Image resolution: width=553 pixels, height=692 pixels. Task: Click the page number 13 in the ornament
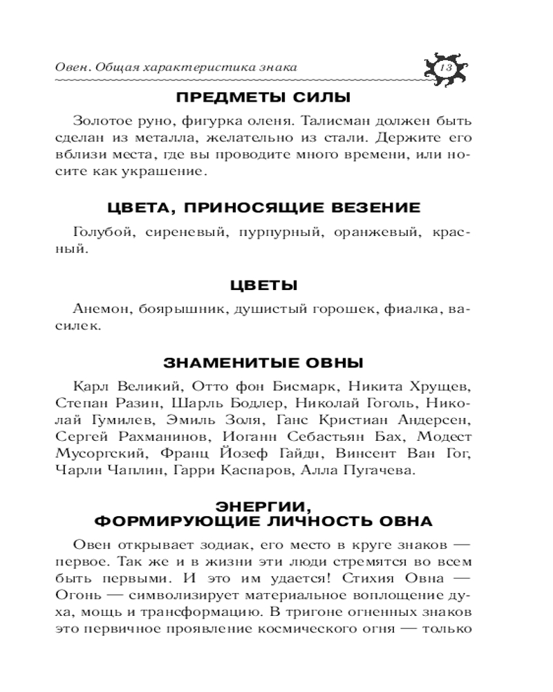(445, 67)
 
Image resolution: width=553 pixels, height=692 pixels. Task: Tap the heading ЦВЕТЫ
(263, 285)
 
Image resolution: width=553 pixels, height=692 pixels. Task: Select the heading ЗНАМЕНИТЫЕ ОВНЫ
(263, 363)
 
